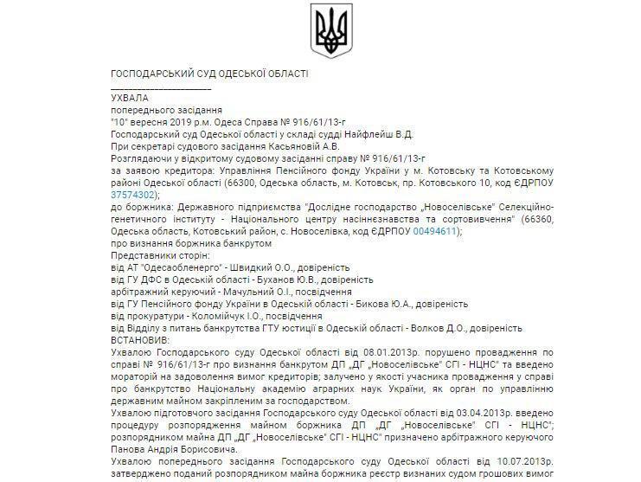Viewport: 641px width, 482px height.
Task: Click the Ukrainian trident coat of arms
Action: (331, 31)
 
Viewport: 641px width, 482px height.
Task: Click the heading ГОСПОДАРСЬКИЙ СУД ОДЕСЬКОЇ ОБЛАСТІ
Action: (210, 74)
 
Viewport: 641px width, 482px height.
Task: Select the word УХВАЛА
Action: (130, 99)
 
